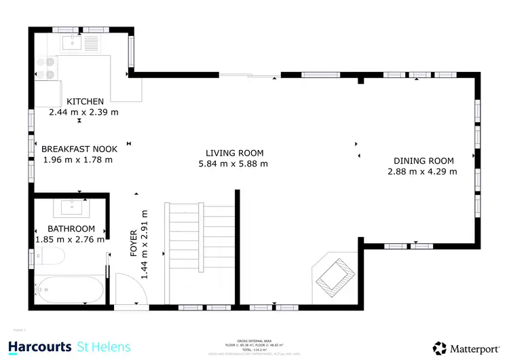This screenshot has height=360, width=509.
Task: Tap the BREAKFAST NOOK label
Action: pyautogui.click(x=79, y=149)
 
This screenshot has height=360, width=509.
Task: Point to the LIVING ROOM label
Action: pyautogui.click(x=235, y=153)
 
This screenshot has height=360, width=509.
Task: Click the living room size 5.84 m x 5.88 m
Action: pyautogui.click(x=233, y=164)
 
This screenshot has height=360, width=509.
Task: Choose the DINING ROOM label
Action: pyautogui.click(x=423, y=161)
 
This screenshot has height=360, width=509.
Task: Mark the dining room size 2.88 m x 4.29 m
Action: pyautogui.click(x=422, y=172)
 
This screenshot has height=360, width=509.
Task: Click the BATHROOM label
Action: pyautogui.click(x=71, y=229)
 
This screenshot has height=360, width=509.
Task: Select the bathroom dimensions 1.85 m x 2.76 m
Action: pyautogui.click(x=70, y=239)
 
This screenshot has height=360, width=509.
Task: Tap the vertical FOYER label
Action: pyautogui.click(x=134, y=242)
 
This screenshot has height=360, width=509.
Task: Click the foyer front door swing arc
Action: pyautogui.click(x=129, y=289)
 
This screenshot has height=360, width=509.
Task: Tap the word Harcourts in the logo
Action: pyautogui.click(x=39, y=347)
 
